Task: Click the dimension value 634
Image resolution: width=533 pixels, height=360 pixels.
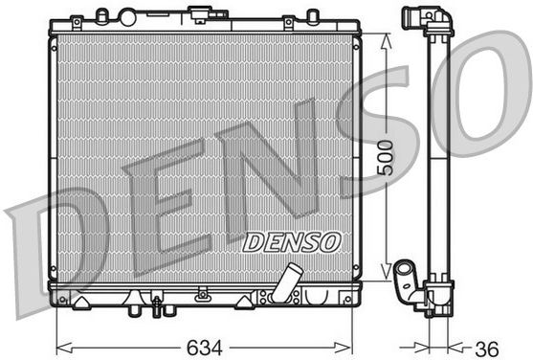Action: (x=204, y=348)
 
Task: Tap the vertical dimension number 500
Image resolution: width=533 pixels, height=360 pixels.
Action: (x=385, y=158)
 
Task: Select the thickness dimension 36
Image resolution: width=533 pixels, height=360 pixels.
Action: (x=487, y=349)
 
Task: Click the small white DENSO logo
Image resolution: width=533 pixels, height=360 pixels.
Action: (x=292, y=242)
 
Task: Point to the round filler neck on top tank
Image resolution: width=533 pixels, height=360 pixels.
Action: (x=127, y=17)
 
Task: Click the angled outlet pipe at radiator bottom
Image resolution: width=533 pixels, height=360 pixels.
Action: (x=286, y=283)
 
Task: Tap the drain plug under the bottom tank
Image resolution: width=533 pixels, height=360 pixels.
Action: (x=157, y=306)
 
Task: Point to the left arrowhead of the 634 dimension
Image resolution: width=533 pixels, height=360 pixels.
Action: (x=64, y=348)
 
